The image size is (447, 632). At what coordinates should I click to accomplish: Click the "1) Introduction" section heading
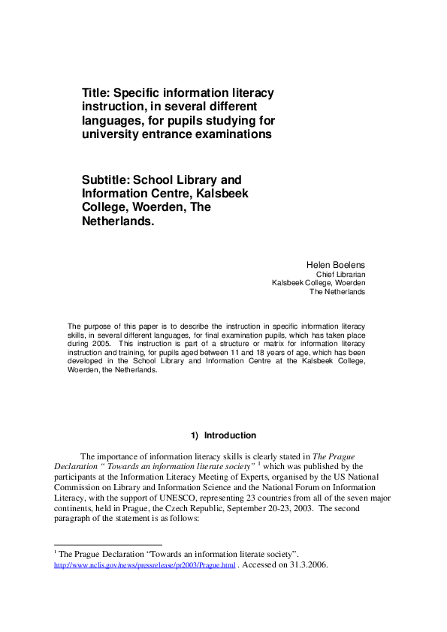[224, 435]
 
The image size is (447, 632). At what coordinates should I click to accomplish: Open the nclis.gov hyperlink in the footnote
[145, 564]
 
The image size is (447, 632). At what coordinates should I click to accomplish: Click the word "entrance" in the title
[167, 135]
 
